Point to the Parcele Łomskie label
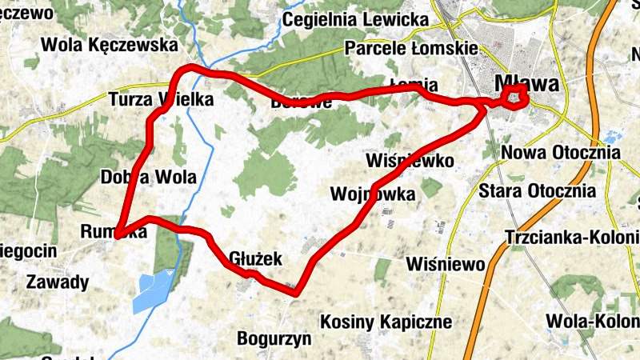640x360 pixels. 411,49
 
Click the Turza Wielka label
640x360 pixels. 161,100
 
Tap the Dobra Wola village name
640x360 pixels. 149,177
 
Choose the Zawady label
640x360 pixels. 58,282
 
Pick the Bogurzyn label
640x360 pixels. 274,338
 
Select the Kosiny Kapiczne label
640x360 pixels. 386,322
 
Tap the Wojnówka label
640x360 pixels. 373,194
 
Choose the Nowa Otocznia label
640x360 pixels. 560,152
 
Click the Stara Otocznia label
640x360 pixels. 537,191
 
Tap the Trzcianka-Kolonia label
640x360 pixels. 572,238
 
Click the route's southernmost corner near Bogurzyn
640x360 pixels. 295,292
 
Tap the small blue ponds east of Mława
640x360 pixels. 614,137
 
